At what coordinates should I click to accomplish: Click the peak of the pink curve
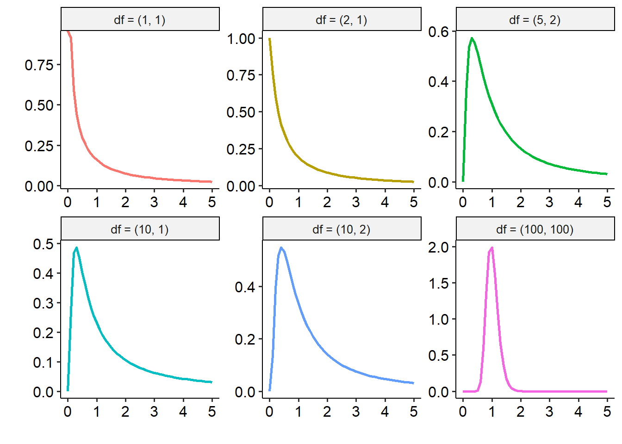(x=491, y=248)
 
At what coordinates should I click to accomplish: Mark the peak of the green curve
(x=472, y=38)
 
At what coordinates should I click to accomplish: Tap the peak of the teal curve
(x=76, y=248)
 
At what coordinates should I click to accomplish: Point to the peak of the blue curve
(x=281, y=248)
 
